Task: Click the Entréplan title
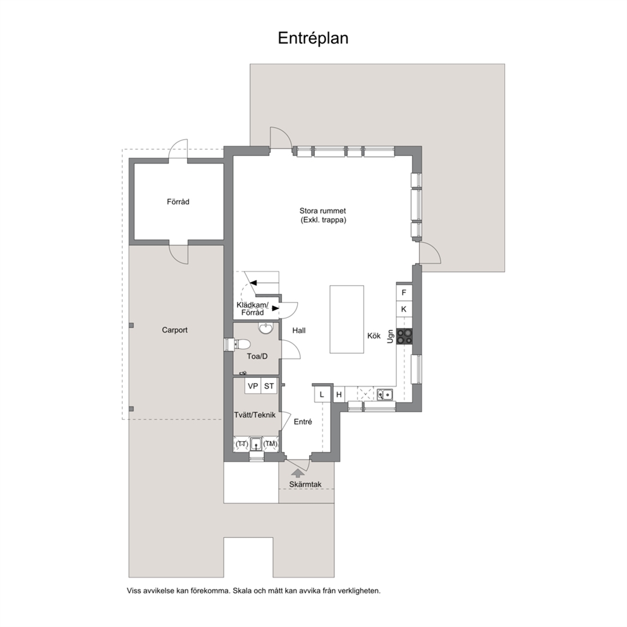click(x=313, y=39)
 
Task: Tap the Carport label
click(x=174, y=330)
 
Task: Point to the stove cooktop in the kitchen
click(x=405, y=336)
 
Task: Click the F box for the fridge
click(x=404, y=292)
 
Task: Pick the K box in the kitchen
click(x=404, y=308)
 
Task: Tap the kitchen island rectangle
click(x=347, y=319)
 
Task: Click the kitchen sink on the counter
click(x=385, y=394)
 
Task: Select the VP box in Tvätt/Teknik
click(x=253, y=386)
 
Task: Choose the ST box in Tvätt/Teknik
click(x=269, y=386)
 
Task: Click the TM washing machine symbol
click(x=271, y=444)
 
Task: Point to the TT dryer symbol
click(x=241, y=444)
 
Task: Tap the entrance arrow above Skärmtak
click(x=297, y=473)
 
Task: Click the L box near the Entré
click(x=322, y=394)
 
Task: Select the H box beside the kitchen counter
click(x=339, y=394)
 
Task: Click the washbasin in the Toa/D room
click(x=265, y=328)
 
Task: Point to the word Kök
click(x=374, y=336)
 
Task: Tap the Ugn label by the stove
click(x=391, y=336)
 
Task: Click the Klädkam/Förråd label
click(x=252, y=308)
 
